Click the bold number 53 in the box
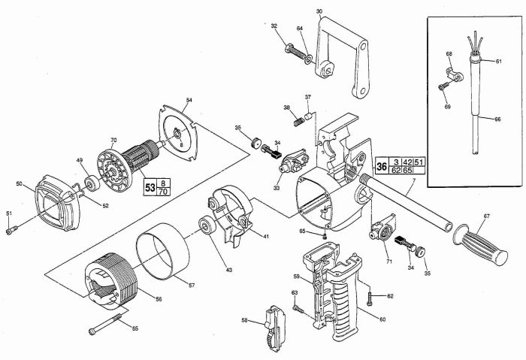coord(150,187)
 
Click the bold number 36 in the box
coord(382,166)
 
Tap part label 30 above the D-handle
coord(319,11)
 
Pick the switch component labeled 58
coord(276,328)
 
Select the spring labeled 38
coord(298,122)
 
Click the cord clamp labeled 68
coord(455,75)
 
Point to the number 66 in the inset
coord(497,119)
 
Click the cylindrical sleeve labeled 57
coord(163,251)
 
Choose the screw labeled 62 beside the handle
coord(370,298)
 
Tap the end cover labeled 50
coord(57,203)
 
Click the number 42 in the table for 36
coord(407,162)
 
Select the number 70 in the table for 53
coord(163,192)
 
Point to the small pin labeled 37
coord(309,116)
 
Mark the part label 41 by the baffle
coord(266,237)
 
